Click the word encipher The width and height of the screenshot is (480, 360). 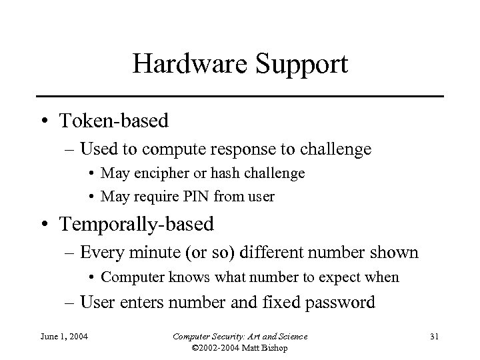click(159, 173)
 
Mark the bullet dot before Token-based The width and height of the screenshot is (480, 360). click(43, 121)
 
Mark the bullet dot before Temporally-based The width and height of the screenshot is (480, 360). click(43, 225)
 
